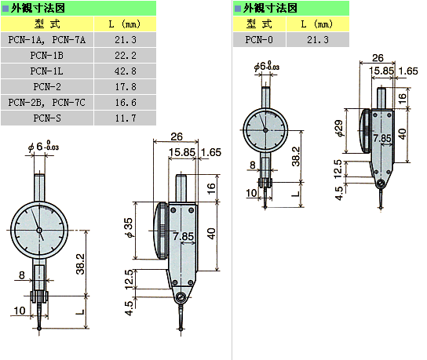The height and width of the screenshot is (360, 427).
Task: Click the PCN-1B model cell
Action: tap(47, 56)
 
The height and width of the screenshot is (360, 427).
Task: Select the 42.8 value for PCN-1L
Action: tap(126, 71)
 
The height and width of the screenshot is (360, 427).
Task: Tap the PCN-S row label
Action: tap(47, 118)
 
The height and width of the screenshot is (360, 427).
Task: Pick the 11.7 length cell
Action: tap(126, 118)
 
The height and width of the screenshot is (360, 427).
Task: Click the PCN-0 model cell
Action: tap(259, 40)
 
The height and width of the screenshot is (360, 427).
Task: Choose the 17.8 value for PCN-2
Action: tap(126, 87)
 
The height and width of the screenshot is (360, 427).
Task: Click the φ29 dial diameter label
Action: tap(340, 128)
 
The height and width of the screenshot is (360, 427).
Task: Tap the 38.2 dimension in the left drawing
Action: tap(81, 264)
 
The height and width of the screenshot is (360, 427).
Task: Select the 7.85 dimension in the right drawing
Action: tap(382, 138)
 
